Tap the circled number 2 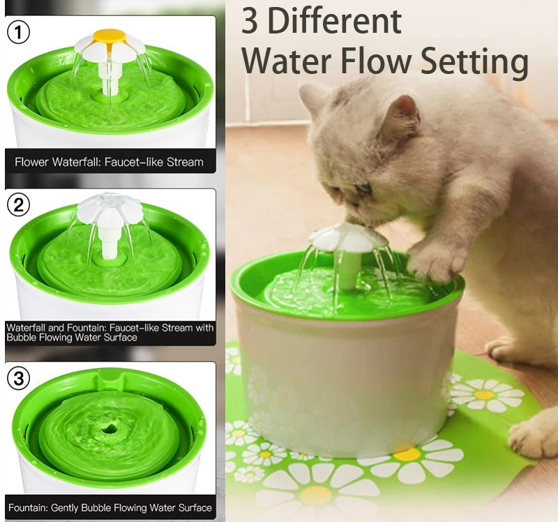[x=19, y=205]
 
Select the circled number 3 [x=19, y=379]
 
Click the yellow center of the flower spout [x=110, y=35]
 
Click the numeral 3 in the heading [x=250, y=22]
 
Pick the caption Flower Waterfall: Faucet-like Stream [x=109, y=162]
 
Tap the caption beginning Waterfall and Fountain [x=109, y=332]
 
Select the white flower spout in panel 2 [x=110, y=209]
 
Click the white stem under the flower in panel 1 [x=110, y=77]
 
